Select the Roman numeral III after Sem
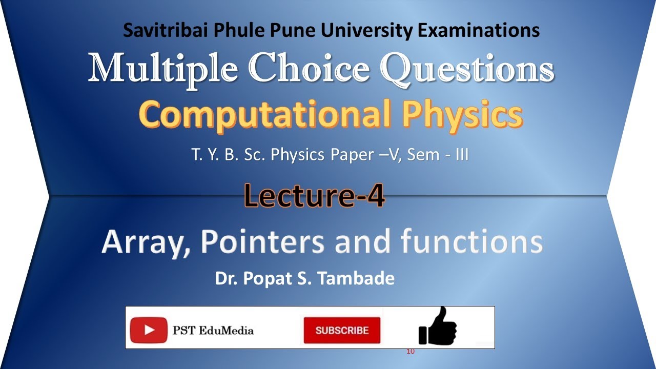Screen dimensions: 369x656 [460, 154]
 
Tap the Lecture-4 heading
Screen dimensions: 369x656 [314, 196]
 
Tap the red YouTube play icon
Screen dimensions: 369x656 [149, 330]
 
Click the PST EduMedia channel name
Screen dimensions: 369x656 [213, 330]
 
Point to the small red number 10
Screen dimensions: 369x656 [410, 352]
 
